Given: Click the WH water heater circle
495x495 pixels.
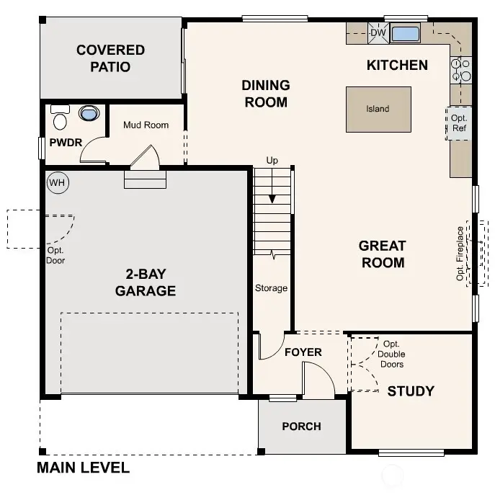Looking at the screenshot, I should (57, 183).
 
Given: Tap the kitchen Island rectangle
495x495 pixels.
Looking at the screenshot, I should (378, 109).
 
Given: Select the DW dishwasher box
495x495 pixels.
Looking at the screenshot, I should (378, 33).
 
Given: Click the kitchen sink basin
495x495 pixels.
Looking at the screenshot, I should (405, 33).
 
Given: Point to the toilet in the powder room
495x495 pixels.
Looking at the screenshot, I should (60, 117).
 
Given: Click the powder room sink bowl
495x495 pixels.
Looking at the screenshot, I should (89, 114).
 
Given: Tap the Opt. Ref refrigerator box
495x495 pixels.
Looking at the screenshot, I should (459, 122).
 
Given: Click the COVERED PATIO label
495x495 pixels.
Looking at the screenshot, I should (110, 58).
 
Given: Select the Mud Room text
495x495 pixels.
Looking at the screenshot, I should (146, 125).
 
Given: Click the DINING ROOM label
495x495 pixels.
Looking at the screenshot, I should (265, 94).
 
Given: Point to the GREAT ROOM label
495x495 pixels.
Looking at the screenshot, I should (383, 254).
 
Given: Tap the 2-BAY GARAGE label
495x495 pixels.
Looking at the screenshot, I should (146, 282).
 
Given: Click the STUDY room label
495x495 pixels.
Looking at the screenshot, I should (411, 391).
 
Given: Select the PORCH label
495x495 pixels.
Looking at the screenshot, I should (301, 426).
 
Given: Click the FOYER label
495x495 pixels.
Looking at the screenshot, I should (303, 352).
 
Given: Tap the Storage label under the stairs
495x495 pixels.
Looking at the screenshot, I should (271, 288).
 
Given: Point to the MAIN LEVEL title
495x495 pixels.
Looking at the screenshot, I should (84, 468).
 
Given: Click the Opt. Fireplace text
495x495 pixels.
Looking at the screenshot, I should (460, 254).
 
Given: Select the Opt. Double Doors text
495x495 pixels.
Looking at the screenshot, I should (392, 354).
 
